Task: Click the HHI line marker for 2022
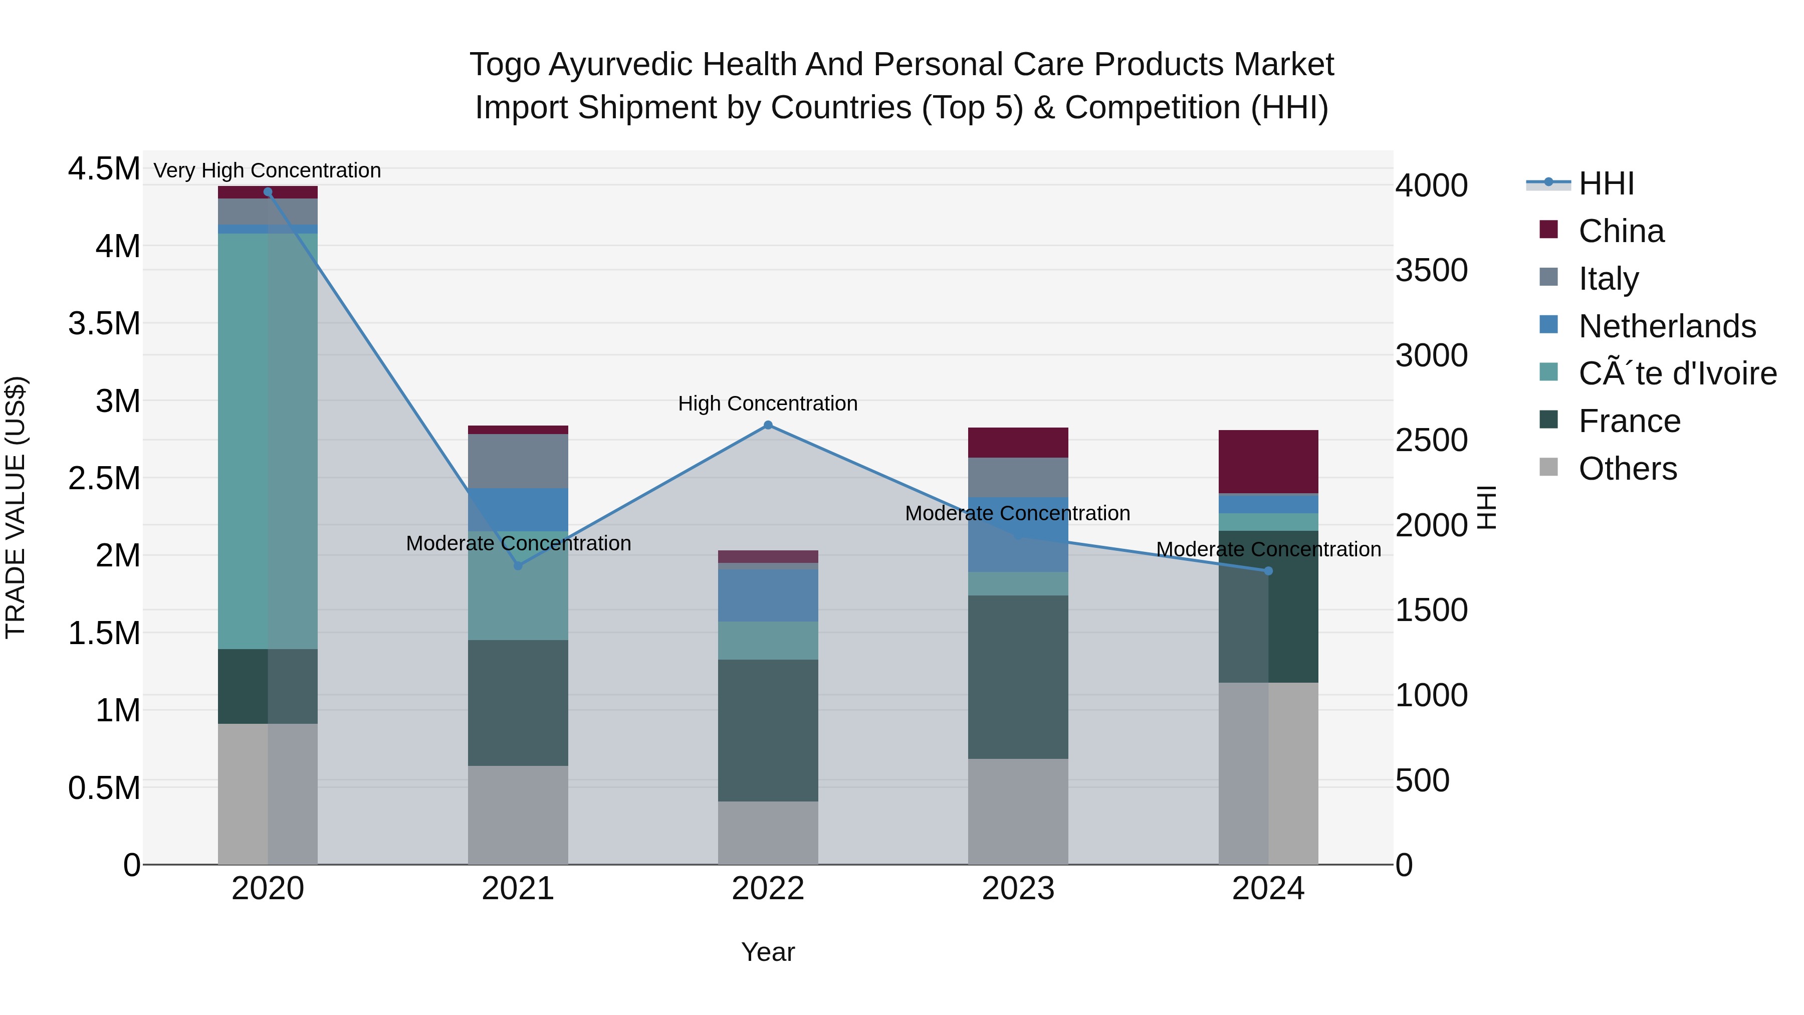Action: coord(768,425)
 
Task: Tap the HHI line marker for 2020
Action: coord(268,192)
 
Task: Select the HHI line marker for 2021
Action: coord(518,566)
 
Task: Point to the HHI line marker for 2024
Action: coord(1268,571)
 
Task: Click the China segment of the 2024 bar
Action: coord(1268,462)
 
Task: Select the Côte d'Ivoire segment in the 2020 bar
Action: coord(268,441)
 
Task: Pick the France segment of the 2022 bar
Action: coord(768,731)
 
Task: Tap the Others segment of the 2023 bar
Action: coord(1018,811)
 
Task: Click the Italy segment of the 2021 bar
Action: coord(518,461)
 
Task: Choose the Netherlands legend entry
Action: coord(1667,326)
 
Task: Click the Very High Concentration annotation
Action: coord(268,171)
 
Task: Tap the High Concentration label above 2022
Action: coord(768,404)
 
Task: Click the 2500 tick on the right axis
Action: coord(1432,441)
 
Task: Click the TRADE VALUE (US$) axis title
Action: coord(16,507)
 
